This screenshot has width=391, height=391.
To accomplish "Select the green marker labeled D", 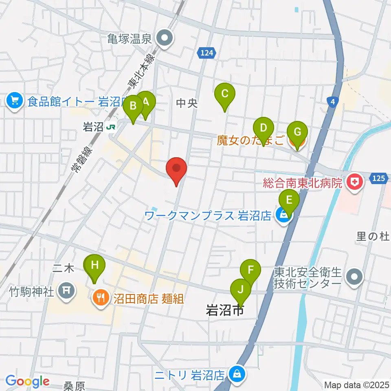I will pyautogui.click(x=264, y=130).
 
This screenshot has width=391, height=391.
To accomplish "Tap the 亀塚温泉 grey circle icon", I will pyautogui.click(x=165, y=39).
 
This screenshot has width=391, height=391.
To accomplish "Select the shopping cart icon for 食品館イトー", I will pyautogui.click(x=15, y=100).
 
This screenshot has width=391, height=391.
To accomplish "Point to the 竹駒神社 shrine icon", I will pyautogui.click(x=66, y=291).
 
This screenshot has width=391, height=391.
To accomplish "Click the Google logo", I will pyautogui.click(x=27, y=382).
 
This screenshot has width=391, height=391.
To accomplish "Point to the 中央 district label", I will pyautogui.click(x=187, y=103).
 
